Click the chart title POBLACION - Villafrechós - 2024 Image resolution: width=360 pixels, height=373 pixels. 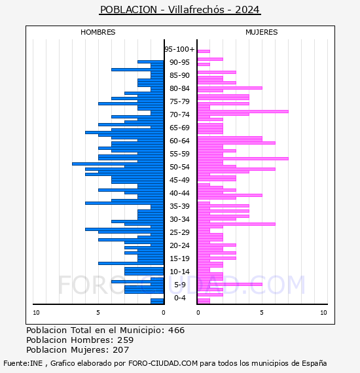coord(180,10)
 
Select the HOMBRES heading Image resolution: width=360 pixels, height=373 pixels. coord(98,32)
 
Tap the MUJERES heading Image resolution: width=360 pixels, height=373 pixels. coord(262,32)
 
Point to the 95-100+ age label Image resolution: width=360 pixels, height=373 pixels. coord(179,49)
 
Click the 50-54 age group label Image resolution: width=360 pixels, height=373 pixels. coord(179,167)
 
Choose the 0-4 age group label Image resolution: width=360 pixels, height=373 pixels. coord(179,298)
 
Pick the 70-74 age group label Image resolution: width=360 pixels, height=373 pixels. coord(179,115)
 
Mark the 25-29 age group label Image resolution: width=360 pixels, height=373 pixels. coord(179,232)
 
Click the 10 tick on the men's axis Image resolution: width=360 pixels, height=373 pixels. coord(36,313)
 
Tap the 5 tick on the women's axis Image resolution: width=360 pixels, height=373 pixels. coord(262,313)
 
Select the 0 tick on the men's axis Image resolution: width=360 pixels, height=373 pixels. coord(163,313)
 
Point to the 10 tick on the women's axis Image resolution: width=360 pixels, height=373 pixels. coord(323,313)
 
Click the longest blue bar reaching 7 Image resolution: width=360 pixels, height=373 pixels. coord(118,164)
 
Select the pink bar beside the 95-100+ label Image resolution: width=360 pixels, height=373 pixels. coord(204,51)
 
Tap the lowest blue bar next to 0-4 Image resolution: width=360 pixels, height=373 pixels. coord(157,301)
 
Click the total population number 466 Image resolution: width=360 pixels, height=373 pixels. coord(176,330)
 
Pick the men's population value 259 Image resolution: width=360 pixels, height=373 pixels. coord(126,340)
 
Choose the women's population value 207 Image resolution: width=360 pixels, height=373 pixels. coord(120,349)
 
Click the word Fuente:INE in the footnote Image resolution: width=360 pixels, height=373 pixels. coord(23,363)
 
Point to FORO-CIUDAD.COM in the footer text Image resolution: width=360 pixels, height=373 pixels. coord(163,363)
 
